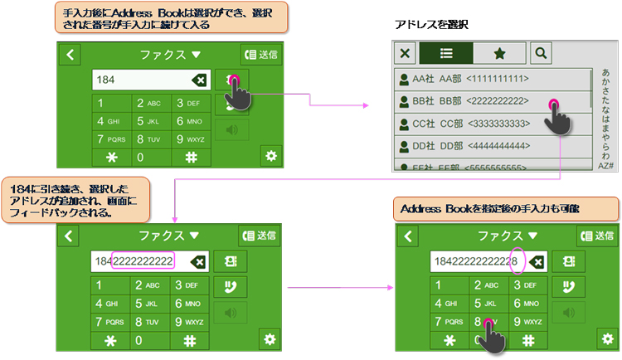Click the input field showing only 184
(x=141, y=80)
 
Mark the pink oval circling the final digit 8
(x=518, y=261)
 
